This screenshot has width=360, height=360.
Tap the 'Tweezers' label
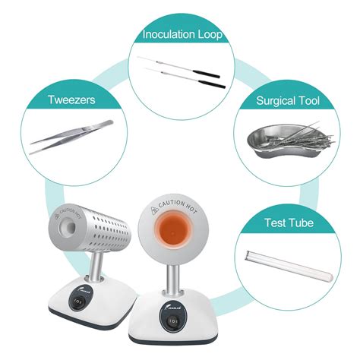click(x=70, y=99)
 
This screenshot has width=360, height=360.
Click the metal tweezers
click(x=72, y=137)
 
